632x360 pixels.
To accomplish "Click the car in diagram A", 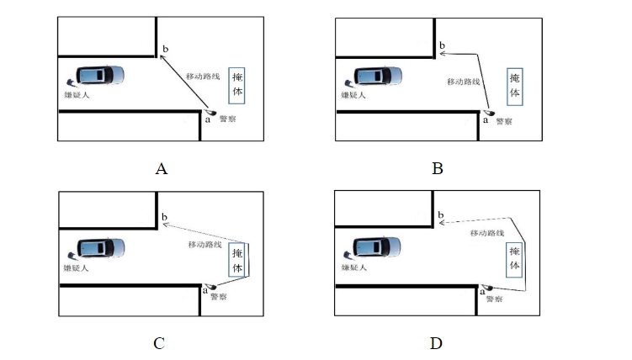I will point(100,76).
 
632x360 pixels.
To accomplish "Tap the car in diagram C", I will point(100,248).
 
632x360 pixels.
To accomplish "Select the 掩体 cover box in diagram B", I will point(515,85).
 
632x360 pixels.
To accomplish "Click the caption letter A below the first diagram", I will point(162,168).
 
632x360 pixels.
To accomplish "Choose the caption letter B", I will point(437,168).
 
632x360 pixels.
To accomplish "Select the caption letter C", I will point(159,342).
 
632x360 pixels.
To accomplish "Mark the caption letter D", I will point(436,342).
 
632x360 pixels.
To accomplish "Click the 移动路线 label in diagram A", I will point(204,77).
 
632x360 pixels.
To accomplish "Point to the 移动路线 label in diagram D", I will point(487,232).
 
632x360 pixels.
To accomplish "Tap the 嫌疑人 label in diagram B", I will point(353,95).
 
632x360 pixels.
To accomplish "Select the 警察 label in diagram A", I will point(228,119).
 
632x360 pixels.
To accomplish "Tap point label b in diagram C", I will point(164,217).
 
